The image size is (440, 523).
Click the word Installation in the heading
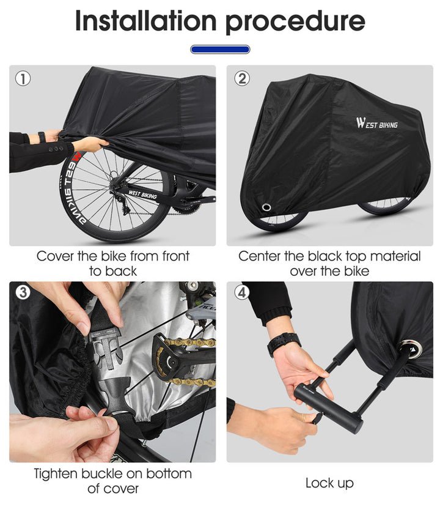point(146,21)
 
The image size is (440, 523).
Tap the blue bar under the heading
point(220,50)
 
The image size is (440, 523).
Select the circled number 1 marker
point(23,79)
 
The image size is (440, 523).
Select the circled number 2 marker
point(242,79)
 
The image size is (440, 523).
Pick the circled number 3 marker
point(23,292)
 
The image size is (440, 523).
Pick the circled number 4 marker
point(242,292)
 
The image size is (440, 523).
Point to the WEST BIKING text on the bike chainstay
point(142,194)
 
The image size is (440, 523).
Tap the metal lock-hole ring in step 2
point(266,207)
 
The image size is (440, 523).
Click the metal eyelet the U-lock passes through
point(412,348)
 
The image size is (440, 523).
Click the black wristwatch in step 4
point(284,344)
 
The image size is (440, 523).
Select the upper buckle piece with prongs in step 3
point(104,347)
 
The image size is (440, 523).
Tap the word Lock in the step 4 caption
point(317,483)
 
